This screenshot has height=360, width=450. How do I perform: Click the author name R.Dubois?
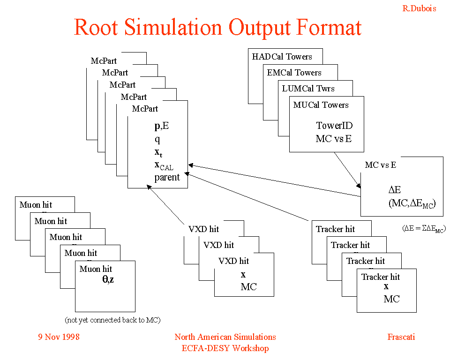(x=419, y=8)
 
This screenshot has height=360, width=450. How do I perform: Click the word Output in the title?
(x=259, y=28)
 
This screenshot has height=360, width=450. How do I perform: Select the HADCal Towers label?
(x=282, y=57)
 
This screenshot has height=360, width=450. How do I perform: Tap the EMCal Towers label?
(x=294, y=73)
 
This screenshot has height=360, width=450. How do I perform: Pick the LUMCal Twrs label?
(x=308, y=89)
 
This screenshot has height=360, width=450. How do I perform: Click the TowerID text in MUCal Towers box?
(x=334, y=126)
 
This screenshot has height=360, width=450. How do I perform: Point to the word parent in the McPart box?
(x=167, y=177)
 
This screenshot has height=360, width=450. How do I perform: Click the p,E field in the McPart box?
(x=162, y=126)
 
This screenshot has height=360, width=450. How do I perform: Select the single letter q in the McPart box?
(x=157, y=139)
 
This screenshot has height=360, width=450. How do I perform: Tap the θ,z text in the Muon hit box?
(x=108, y=279)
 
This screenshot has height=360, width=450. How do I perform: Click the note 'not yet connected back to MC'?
(x=112, y=320)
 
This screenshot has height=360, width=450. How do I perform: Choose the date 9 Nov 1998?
(x=59, y=337)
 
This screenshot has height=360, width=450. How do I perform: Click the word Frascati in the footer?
(x=401, y=337)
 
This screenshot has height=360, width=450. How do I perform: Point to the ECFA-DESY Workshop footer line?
(x=225, y=348)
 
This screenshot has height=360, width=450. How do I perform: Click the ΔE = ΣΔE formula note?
(x=424, y=229)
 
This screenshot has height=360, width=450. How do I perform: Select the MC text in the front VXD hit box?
(x=248, y=287)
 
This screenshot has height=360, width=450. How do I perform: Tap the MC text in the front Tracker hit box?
(x=391, y=299)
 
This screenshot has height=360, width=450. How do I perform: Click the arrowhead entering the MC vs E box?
(x=359, y=186)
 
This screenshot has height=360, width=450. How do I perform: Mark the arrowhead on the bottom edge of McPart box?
(x=149, y=187)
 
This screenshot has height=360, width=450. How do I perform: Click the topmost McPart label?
(x=104, y=61)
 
